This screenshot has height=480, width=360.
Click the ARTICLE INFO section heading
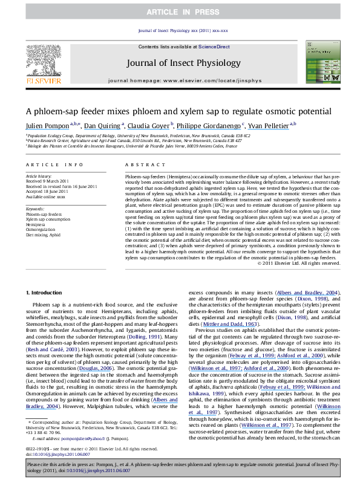point(46,164)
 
